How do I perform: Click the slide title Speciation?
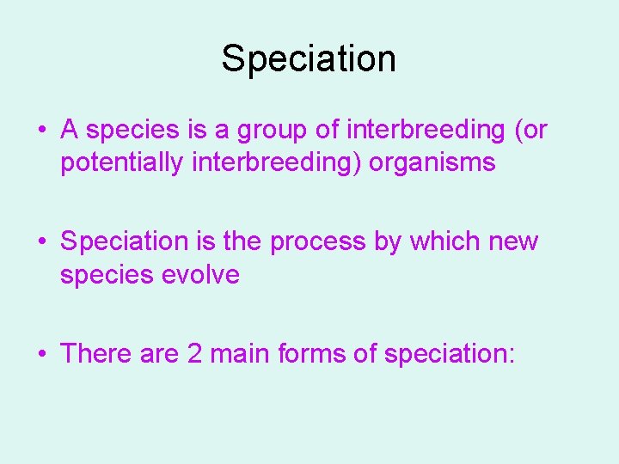click(309, 58)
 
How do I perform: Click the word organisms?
click(432, 162)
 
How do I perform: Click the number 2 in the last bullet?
click(195, 353)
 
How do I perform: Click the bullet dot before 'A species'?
click(41, 131)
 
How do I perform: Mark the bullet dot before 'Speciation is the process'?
click(41, 242)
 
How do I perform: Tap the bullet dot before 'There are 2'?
click(41, 354)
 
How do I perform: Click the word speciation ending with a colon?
click(450, 353)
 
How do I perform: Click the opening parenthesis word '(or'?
click(530, 131)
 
